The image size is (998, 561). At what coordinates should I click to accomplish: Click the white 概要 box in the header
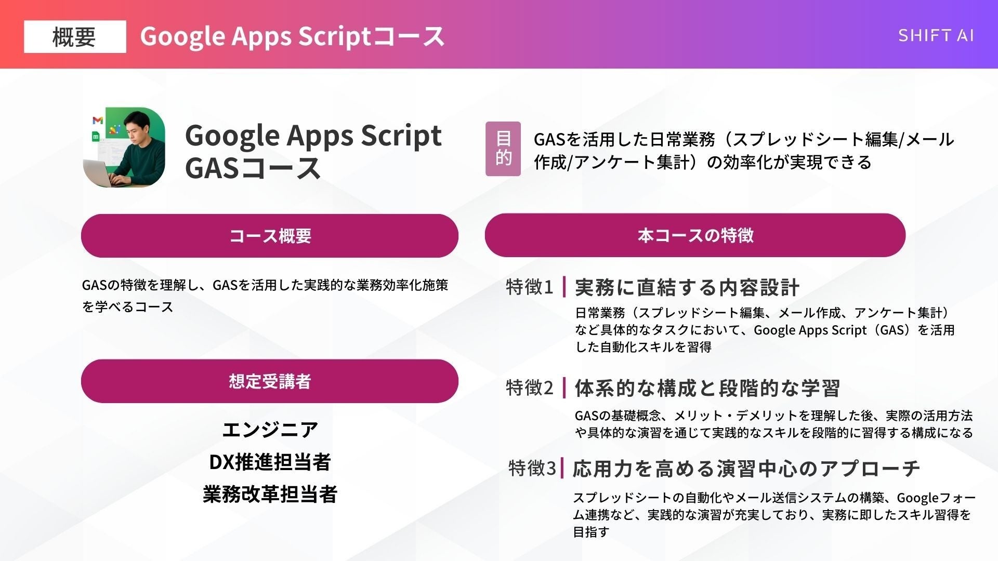point(75,37)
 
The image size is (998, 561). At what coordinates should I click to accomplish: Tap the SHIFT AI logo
point(936,35)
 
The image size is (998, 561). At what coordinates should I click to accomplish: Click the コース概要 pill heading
point(270,236)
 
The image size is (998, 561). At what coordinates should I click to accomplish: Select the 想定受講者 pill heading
point(270,381)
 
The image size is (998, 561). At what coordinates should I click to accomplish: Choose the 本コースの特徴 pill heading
point(695,235)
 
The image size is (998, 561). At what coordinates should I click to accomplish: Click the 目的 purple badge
point(503,149)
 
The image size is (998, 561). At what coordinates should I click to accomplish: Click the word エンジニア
point(270,430)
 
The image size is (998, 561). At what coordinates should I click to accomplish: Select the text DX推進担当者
point(270,462)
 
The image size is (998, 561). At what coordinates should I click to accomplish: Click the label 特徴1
point(530,287)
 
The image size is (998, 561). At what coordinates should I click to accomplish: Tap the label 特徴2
point(530,388)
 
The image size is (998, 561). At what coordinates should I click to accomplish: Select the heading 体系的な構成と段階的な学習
point(707,388)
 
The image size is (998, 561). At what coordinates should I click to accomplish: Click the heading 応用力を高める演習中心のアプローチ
point(746,469)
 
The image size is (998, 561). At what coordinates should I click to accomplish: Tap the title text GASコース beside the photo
point(253,168)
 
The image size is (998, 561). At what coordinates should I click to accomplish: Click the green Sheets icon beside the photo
point(96,137)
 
